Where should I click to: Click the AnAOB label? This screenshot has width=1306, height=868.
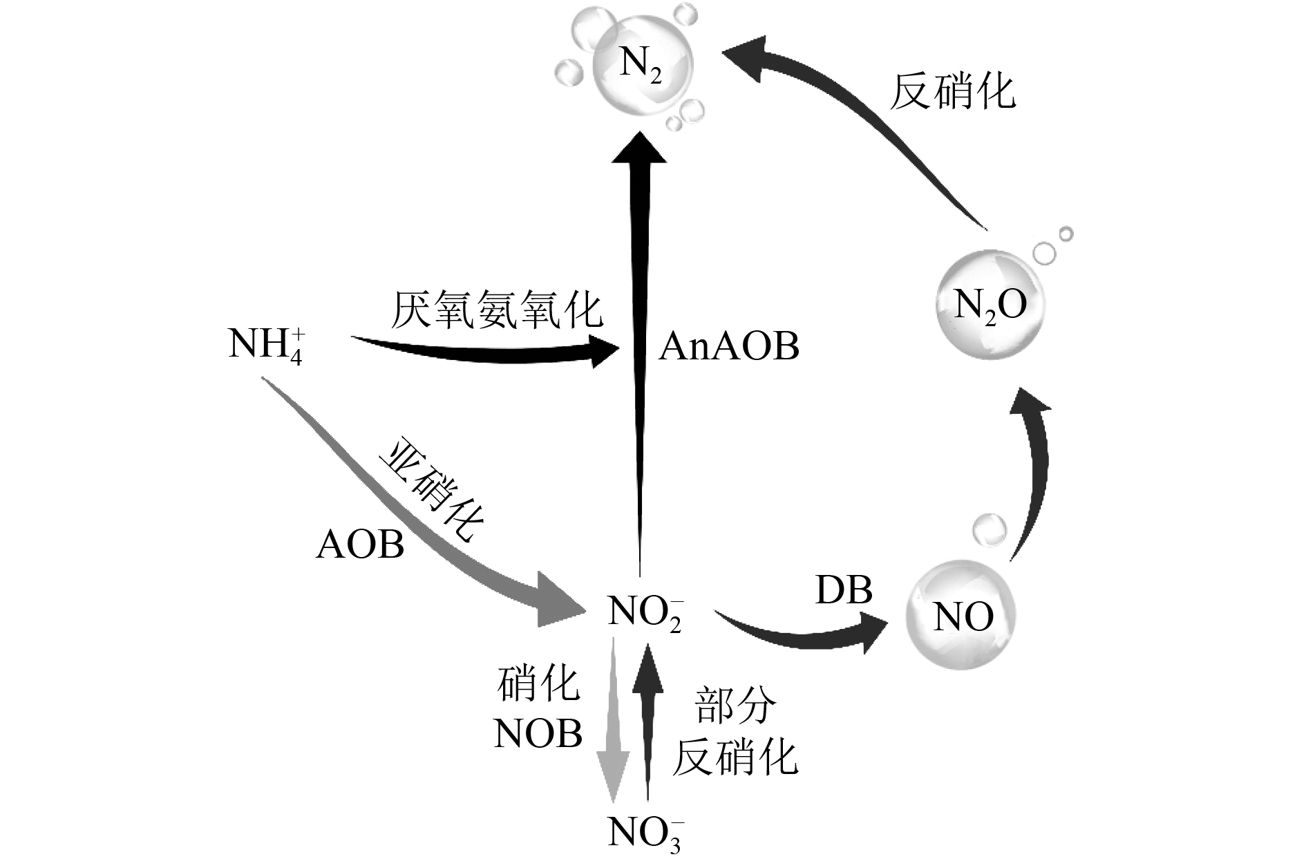(728, 346)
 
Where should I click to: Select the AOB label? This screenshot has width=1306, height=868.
(360, 545)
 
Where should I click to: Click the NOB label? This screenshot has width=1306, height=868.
(538, 734)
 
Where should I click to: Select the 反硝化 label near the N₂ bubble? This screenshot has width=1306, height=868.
(952, 93)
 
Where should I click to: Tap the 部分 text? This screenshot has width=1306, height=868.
(734, 705)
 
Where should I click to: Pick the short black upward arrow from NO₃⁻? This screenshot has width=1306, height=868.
(647, 719)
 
